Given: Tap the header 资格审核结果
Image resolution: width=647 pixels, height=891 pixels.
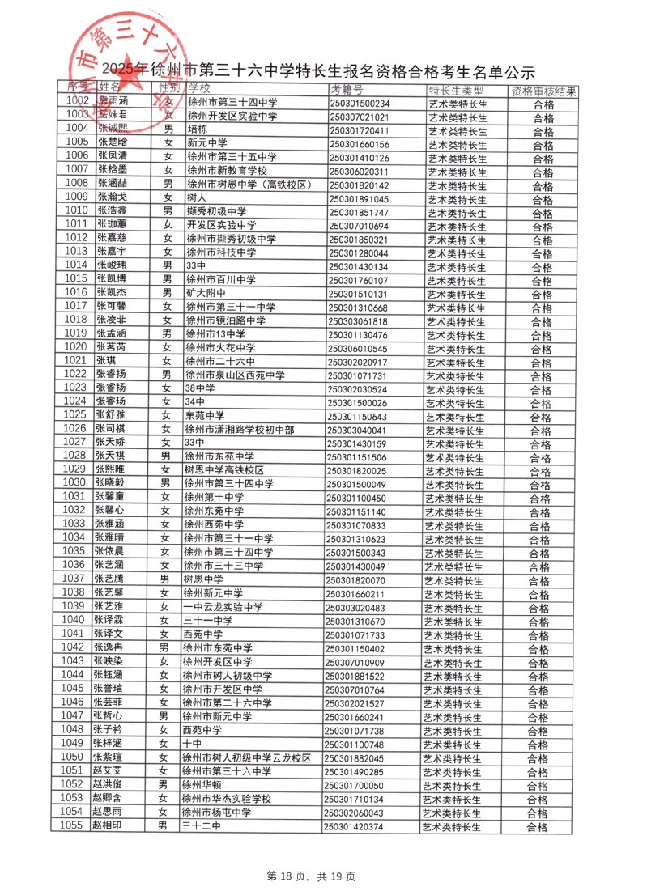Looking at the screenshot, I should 543,91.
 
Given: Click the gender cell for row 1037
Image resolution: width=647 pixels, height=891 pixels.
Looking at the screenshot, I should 164,579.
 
